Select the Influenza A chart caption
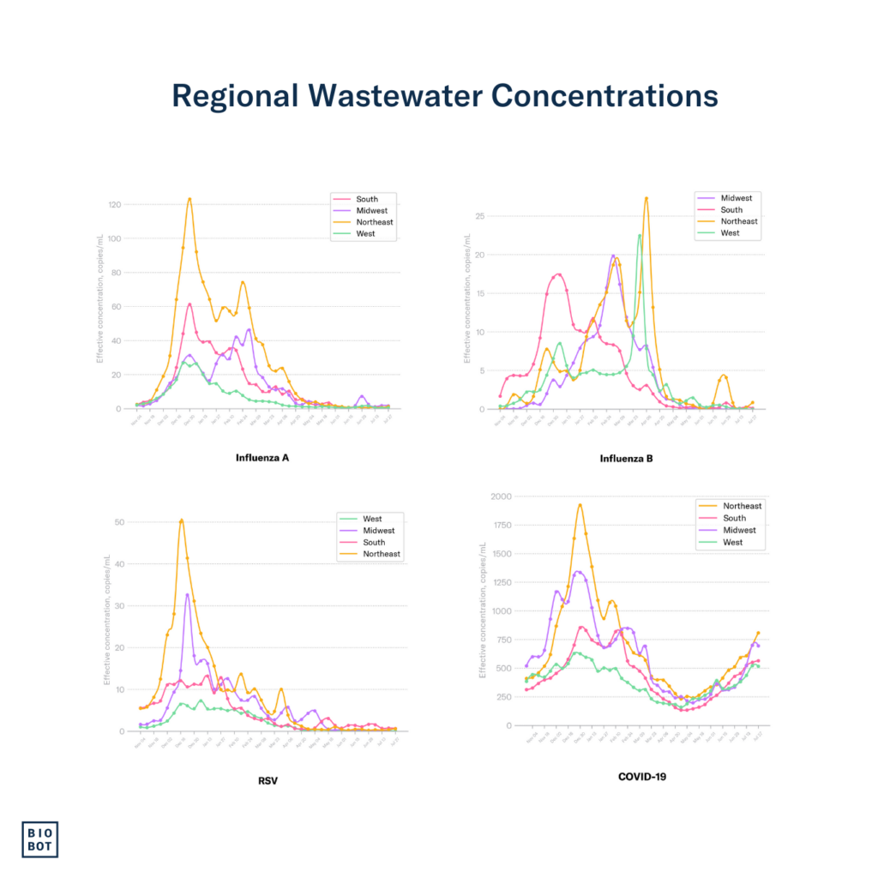tap(262, 457)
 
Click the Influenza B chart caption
tap(626, 459)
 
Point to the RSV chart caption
tap(268, 779)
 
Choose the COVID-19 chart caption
tap(642, 777)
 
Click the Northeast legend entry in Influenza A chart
tap(375, 222)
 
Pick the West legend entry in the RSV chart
tap(372, 519)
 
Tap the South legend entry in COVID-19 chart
tap(734, 518)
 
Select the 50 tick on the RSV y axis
tap(119, 522)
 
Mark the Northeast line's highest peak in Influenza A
tap(189, 199)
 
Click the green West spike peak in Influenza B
tap(640, 236)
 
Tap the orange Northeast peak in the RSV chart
tap(182, 520)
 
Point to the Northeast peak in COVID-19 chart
tap(580, 505)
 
